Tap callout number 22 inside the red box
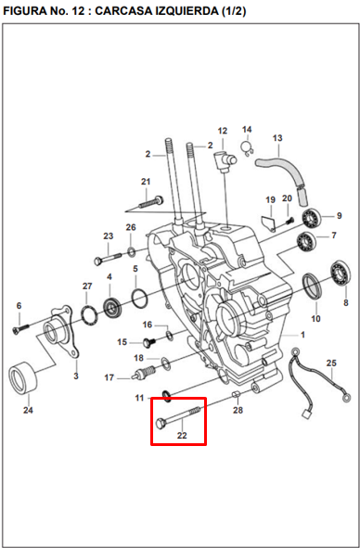(182, 436)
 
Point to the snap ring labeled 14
(248, 149)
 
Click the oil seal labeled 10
(313, 287)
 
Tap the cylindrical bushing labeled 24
(23, 377)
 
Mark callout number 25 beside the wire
(331, 363)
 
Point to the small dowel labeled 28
(237, 395)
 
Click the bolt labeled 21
(151, 202)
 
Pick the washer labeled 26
(131, 251)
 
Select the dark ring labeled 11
(166, 396)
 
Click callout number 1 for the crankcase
(302, 335)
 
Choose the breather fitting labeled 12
(225, 160)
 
